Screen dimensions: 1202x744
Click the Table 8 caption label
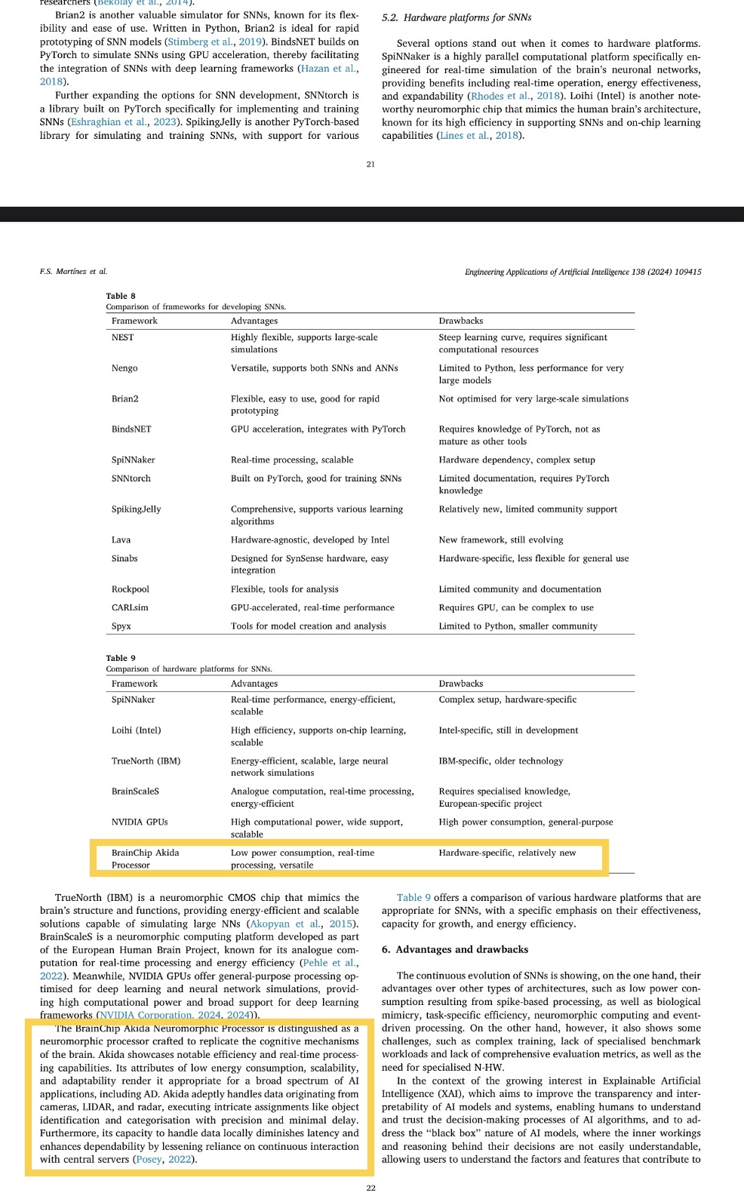pos(121,296)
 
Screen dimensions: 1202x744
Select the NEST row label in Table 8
pos(122,337)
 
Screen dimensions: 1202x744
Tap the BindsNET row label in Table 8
pos(131,429)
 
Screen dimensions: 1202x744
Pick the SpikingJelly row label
pos(136,509)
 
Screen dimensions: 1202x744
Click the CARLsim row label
pos(130,607)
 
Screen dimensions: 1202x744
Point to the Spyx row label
pos(121,626)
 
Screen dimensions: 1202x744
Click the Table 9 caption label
pos(121,658)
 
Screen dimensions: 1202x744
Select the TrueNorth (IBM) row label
pos(146,761)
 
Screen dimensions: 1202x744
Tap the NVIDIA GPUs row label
pos(140,822)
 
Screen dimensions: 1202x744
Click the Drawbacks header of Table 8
pos(460,321)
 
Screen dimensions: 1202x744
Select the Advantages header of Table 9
pos(254,684)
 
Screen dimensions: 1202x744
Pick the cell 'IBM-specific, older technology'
pos(501,761)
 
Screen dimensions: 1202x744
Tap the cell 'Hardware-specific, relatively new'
pos(507,853)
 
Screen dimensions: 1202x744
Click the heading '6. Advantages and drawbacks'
pos(454,949)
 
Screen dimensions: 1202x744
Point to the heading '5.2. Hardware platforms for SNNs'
pos(457,17)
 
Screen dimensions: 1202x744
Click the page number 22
pos(370,1188)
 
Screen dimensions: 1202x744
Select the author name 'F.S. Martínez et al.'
pos(73,272)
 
